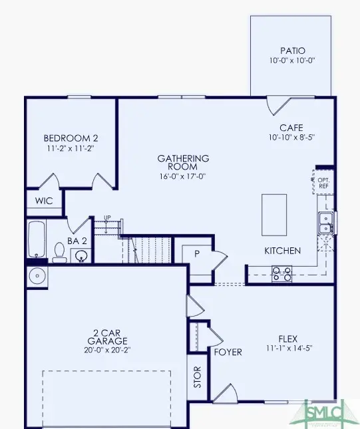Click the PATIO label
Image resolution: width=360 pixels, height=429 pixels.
(x=292, y=51)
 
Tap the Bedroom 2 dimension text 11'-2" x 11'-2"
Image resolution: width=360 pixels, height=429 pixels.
(x=71, y=149)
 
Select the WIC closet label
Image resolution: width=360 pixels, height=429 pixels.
(x=44, y=200)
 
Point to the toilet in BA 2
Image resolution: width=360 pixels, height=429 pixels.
(x=59, y=251)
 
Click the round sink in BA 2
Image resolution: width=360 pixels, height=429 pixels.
(x=82, y=254)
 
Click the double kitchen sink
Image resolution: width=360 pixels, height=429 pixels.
(x=326, y=222)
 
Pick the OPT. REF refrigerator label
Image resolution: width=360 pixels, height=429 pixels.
(x=324, y=183)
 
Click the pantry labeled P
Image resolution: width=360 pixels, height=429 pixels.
(x=197, y=253)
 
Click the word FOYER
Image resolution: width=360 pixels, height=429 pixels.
(x=228, y=352)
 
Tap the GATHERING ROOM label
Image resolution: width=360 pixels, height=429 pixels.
(x=183, y=163)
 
